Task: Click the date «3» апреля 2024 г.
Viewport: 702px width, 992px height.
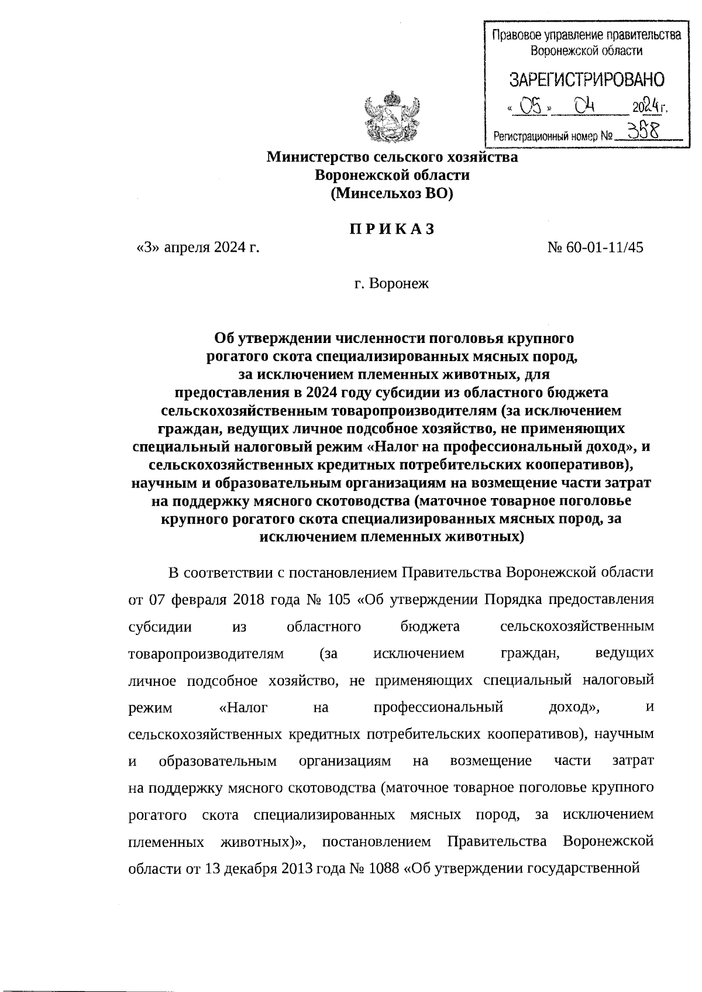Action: (198, 248)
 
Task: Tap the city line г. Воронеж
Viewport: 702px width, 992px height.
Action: (392, 284)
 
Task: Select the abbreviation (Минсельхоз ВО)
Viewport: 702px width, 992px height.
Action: (392, 193)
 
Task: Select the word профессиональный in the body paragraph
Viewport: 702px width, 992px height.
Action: (438, 708)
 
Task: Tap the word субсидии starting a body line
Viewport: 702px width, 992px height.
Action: (160, 627)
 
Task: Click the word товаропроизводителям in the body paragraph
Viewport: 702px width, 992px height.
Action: (205, 654)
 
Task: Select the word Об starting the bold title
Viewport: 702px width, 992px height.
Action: (225, 338)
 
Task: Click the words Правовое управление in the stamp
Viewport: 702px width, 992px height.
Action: (545, 36)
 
